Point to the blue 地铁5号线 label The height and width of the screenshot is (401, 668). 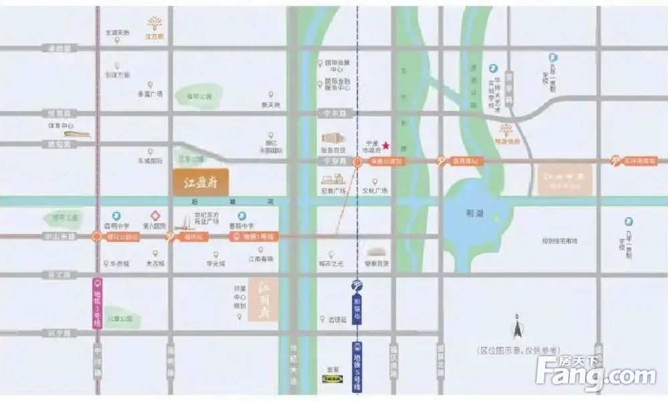coord(357,366)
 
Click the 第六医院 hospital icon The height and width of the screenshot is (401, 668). coord(155,216)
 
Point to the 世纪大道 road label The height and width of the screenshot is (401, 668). coord(294,366)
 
